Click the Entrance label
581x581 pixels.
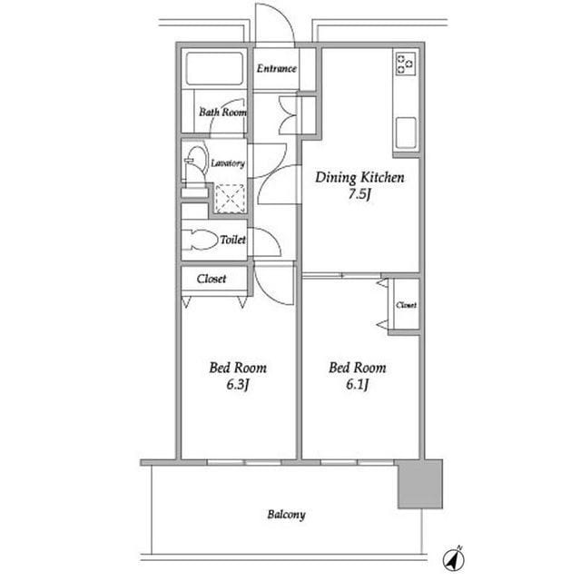tap(276, 69)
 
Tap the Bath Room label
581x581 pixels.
tap(222, 112)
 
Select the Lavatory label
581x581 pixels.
tap(228, 163)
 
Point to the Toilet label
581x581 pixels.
tap(232, 240)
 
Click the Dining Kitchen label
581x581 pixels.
tap(359, 178)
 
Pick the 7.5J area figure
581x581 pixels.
tap(359, 194)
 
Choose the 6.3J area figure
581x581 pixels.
tap(237, 385)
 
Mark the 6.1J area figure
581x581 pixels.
tap(357, 385)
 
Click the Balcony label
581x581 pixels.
tap(287, 515)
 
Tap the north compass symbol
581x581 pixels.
tap(454, 558)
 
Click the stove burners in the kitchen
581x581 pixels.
tap(406, 64)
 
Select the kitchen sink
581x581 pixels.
tap(406, 133)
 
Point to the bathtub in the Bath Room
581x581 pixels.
tap(214, 69)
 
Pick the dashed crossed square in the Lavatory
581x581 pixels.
tap(230, 199)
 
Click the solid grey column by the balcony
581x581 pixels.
tap(420, 484)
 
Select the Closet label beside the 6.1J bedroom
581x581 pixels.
tap(406, 305)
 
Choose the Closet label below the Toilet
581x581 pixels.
tap(212, 279)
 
